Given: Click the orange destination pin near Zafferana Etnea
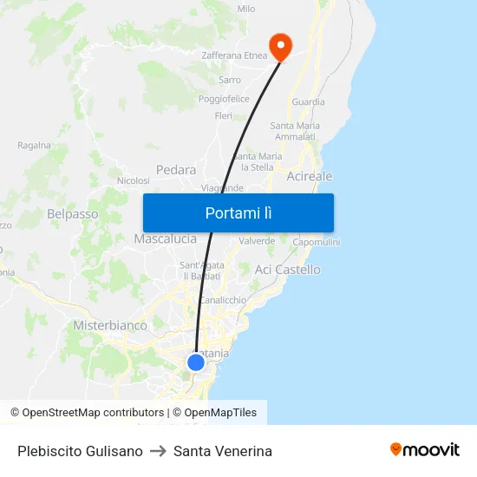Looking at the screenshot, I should [281, 46].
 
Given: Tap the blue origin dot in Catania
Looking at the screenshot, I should [196, 363].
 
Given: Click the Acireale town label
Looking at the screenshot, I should [310, 176].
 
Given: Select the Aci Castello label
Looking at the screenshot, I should [288, 270].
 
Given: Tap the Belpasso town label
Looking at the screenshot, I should [73, 213].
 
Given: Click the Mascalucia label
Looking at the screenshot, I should [165, 238].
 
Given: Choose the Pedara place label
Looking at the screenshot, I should [176, 170].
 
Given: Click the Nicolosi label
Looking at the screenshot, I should [133, 181].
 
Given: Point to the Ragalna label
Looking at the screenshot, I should [35, 145].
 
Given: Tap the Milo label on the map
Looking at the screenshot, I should [246, 9].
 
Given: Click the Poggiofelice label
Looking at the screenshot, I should [224, 99].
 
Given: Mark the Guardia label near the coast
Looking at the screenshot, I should [309, 101].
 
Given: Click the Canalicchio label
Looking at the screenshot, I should [223, 300].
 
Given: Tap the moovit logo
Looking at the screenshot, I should [425, 449].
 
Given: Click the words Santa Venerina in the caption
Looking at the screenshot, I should [223, 451].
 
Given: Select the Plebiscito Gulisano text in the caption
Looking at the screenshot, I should [80, 451].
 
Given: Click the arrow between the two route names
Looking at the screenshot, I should [158, 451].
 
